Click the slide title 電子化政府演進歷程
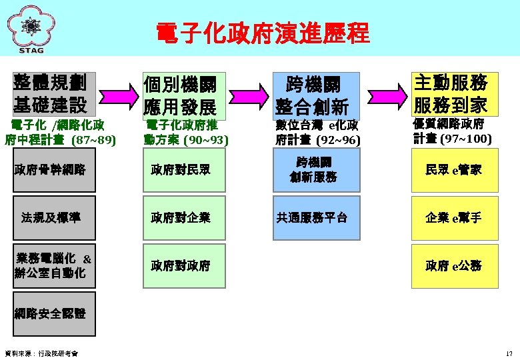pyautogui.click(x=262, y=32)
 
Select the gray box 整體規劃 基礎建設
pyautogui.click(x=54, y=93)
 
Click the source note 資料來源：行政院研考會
pyautogui.click(x=41, y=353)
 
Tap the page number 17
pyautogui.click(x=509, y=353)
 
